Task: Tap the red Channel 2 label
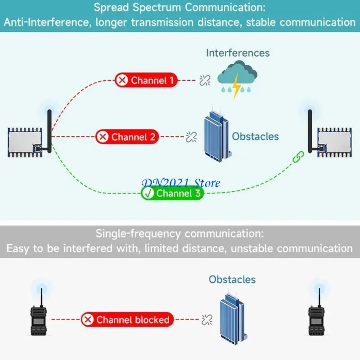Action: (x=127, y=137)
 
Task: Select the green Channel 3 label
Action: (x=172, y=193)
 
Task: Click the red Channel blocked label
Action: (x=127, y=320)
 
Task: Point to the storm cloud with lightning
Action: (x=237, y=77)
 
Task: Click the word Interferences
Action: (x=238, y=53)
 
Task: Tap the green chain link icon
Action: (x=298, y=157)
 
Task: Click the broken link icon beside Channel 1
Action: (x=205, y=81)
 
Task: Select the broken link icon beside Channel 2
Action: (x=192, y=136)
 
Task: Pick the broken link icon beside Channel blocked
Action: (x=207, y=320)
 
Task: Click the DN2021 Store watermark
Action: (x=181, y=182)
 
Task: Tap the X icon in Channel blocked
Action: (x=88, y=320)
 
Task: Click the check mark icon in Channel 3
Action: (x=148, y=193)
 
